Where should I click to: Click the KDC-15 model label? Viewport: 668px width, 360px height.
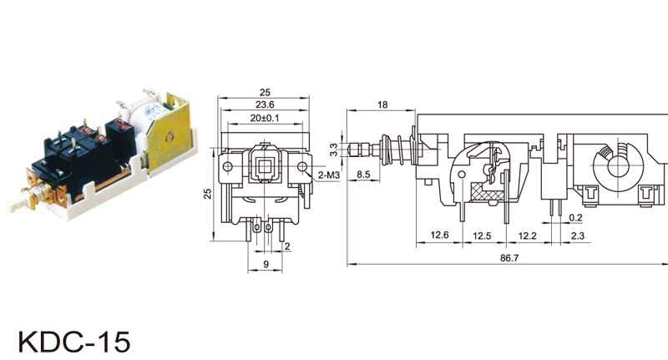[x=73, y=341]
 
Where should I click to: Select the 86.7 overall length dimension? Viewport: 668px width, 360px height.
[x=509, y=258]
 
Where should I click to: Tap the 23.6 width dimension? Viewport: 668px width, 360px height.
[x=265, y=104]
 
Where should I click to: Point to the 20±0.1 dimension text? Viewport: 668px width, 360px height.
[x=265, y=118]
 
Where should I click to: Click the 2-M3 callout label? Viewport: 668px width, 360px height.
[x=329, y=175]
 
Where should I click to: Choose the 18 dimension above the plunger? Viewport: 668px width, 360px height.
[x=382, y=104]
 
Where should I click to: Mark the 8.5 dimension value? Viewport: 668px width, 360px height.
[x=363, y=175]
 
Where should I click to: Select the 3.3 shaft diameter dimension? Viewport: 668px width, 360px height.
[x=333, y=150]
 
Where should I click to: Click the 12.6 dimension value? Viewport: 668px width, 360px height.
[x=439, y=236]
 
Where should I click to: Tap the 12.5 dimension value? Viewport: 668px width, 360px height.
[x=482, y=236]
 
